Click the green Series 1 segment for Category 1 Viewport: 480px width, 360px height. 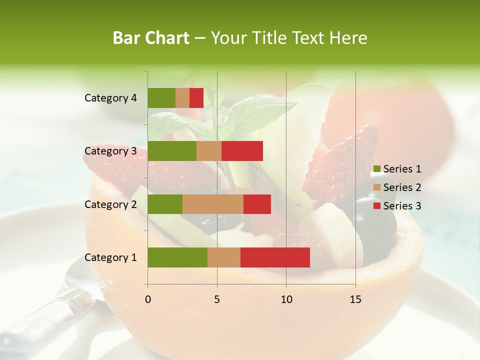pyautogui.click(x=177, y=257)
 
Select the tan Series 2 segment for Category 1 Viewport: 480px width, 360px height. pyautogui.click(x=224, y=257)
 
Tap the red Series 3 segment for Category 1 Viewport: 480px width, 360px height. pyautogui.click(x=275, y=257)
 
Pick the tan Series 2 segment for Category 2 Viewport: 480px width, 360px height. pyautogui.click(x=213, y=204)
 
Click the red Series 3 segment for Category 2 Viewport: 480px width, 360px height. pyautogui.click(x=257, y=204)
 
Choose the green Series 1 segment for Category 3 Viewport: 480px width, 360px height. pyautogui.click(x=172, y=151)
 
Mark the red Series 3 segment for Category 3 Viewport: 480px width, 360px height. pyautogui.click(x=242, y=151)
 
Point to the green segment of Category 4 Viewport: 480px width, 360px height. pyautogui.click(x=161, y=98)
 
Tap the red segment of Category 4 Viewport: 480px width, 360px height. pyautogui.click(x=196, y=98)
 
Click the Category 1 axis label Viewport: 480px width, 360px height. pyautogui.click(x=110, y=257)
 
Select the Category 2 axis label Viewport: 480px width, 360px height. pyautogui.click(x=110, y=204)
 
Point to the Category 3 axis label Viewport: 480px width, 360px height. pyautogui.click(x=110, y=151)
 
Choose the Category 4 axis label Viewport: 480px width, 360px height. pyautogui.click(x=110, y=98)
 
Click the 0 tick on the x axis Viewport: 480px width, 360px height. pyautogui.click(x=148, y=299)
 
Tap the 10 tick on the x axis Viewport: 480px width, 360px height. pyautogui.click(x=286, y=299)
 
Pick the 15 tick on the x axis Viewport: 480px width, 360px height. pyautogui.click(x=355, y=299)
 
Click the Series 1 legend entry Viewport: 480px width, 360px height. pyautogui.click(x=397, y=169)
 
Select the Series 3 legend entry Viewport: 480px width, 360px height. pyautogui.click(x=397, y=206)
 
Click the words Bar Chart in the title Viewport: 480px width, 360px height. pyautogui.click(x=151, y=38)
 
